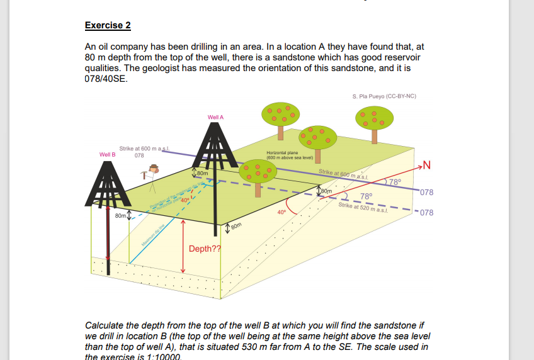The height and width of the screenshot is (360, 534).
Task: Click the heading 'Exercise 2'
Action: click(x=108, y=26)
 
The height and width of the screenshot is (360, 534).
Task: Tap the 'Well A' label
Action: click(x=215, y=117)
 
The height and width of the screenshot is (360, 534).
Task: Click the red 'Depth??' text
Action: click(x=205, y=249)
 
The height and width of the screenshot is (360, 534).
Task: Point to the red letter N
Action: click(x=426, y=166)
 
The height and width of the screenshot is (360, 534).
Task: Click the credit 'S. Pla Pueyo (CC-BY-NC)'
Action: click(x=384, y=96)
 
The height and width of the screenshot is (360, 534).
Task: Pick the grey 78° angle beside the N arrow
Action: click(x=395, y=183)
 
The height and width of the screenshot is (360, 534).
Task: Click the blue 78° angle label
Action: click(x=366, y=196)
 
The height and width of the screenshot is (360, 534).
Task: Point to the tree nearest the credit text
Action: click(x=374, y=119)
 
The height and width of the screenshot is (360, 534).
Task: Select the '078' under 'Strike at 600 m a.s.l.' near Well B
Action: click(x=140, y=155)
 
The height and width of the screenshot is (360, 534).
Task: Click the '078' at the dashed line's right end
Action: click(x=426, y=213)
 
